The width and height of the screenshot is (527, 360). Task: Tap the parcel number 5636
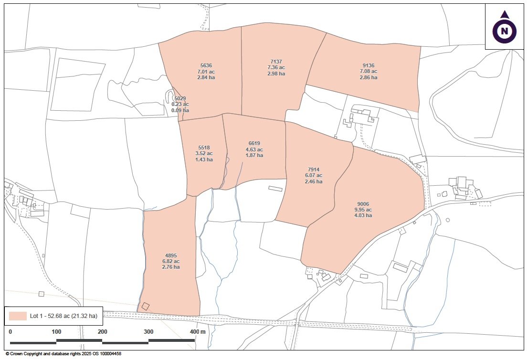tap(206, 65)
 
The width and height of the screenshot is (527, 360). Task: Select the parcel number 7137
tap(276, 62)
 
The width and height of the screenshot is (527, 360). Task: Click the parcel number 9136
tap(369, 65)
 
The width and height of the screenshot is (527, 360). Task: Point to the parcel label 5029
tap(180, 98)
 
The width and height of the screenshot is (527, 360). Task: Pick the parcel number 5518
tap(204, 148)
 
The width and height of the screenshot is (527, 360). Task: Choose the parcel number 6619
tap(254, 143)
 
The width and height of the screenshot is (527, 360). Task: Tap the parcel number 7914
tap(313, 169)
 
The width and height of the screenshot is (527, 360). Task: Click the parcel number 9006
tap(363, 204)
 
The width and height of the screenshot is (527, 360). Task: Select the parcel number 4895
tap(171, 255)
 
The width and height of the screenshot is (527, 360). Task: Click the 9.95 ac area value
tap(363, 210)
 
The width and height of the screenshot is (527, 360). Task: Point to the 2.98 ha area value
tap(276, 74)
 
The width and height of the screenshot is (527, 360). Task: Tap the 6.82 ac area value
tap(171, 261)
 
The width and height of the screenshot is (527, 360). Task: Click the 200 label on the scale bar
tap(102, 332)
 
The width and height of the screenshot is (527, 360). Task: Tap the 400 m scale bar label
tap(198, 332)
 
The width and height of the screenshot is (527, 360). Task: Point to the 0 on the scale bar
tap(11, 332)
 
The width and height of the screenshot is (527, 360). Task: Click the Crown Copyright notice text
tap(63, 354)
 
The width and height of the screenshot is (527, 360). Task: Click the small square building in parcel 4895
tap(145, 307)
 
